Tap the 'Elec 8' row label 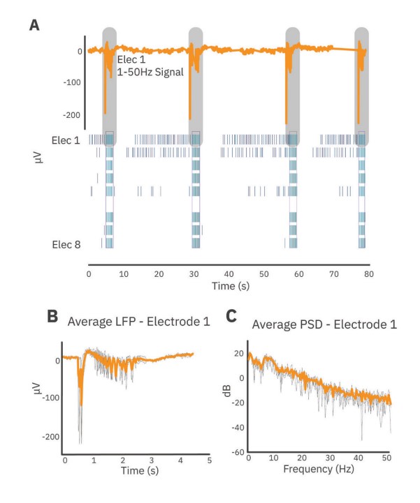(66, 243)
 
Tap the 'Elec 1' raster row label (66, 140)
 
